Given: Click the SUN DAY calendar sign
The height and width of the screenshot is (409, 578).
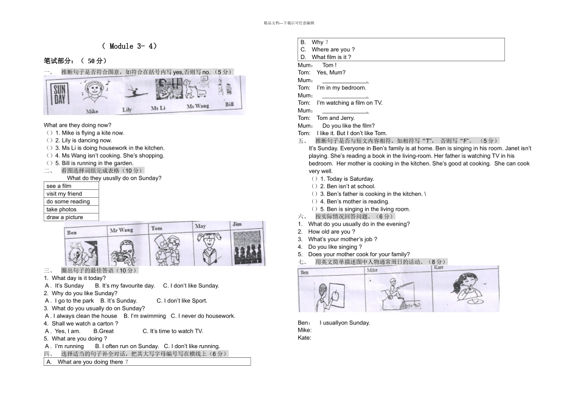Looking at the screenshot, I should point(60,94).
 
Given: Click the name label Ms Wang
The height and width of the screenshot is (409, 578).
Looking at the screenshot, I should point(197,107).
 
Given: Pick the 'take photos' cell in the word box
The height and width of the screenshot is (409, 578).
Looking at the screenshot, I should point(61,209).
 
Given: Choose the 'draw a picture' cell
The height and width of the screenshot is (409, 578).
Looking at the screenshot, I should point(64,217).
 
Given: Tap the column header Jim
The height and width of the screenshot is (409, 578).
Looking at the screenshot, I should point(237,225).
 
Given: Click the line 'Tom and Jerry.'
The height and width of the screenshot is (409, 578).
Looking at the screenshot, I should point(335,118).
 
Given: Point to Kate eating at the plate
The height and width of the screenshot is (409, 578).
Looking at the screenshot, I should point(462,289).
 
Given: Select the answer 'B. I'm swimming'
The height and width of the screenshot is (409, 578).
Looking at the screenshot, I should point(144,316).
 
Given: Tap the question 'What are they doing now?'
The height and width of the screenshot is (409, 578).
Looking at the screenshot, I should point(77,125).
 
